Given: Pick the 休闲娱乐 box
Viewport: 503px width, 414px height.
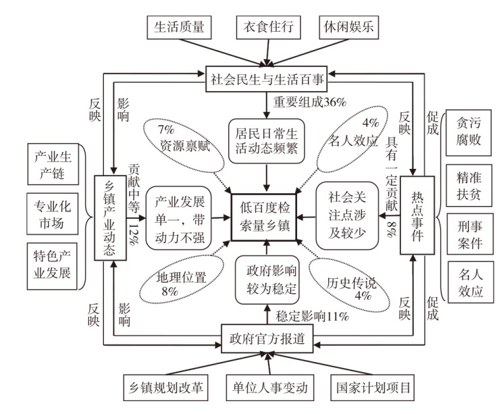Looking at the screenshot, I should point(350,28).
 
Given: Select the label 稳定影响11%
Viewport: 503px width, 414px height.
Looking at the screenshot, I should point(311,315).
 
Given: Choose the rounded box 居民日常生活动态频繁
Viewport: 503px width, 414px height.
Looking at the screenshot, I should point(263,139).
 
